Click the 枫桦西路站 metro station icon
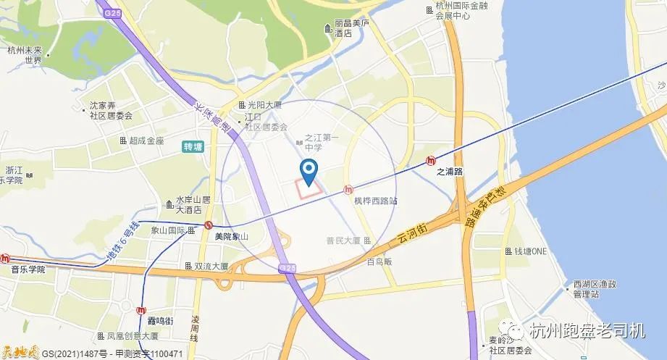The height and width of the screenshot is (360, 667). coord(349,190)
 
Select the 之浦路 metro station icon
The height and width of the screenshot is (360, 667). coord(432,161)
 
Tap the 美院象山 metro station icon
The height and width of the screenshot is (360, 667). coord(209,225)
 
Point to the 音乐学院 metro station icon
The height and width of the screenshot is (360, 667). coord(5,258)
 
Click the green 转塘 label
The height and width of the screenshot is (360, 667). coord(193,146)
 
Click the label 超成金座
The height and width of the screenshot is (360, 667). coord(146,141)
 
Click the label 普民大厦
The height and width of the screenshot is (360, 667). coord(343,240)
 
